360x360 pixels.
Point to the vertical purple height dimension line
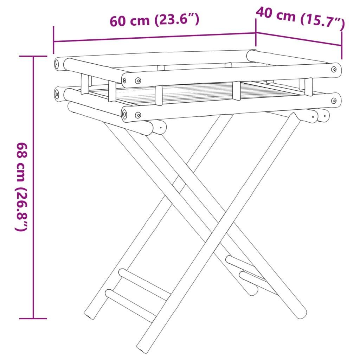click(33, 186)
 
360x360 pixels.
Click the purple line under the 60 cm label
click(155, 37)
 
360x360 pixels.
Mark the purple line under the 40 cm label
click(299, 39)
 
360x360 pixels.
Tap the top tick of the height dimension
click(33, 56)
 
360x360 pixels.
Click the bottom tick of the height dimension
click(33, 319)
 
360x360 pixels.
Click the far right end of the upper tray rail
click(336, 69)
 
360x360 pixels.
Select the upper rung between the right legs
click(246, 267)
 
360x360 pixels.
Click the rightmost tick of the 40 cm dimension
click(341, 45)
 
